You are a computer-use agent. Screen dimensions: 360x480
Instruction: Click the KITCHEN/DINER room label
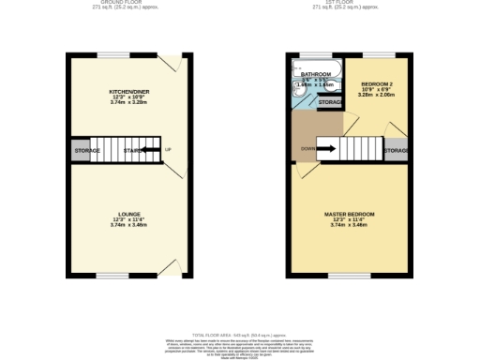point(127,92)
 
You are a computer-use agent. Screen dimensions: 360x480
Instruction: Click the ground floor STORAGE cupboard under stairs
point(87,150)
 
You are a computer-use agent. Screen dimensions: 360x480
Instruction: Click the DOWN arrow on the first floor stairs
point(328,147)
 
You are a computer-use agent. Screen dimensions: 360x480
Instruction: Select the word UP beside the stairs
point(168,150)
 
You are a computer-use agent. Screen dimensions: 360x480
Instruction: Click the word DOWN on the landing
point(307,147)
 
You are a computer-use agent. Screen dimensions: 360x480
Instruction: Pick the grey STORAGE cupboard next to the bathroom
point(330,102)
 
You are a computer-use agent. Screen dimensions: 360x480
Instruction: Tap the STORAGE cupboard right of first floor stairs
point(396,150)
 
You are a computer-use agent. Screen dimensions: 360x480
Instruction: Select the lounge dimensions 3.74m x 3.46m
point(127,226)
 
